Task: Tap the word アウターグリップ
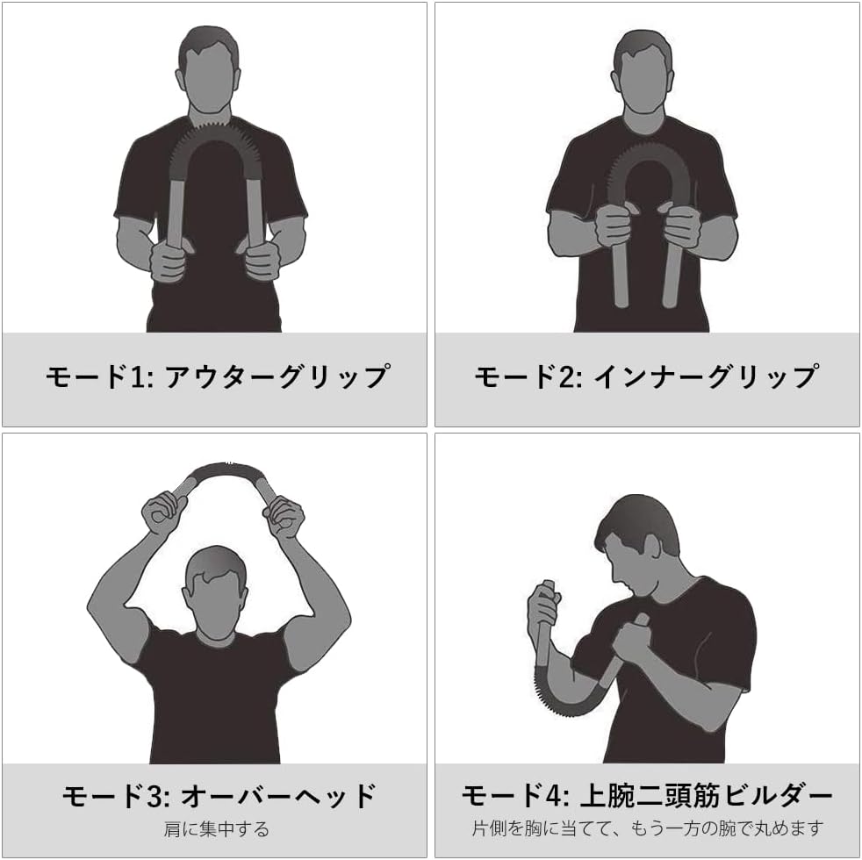[278, 377]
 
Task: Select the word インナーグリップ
[707, 377]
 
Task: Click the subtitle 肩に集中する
[217, 828]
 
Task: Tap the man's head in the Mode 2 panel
[643, 71]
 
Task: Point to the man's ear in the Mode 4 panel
[652, 549]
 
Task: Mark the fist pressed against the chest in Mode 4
[632, 641]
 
